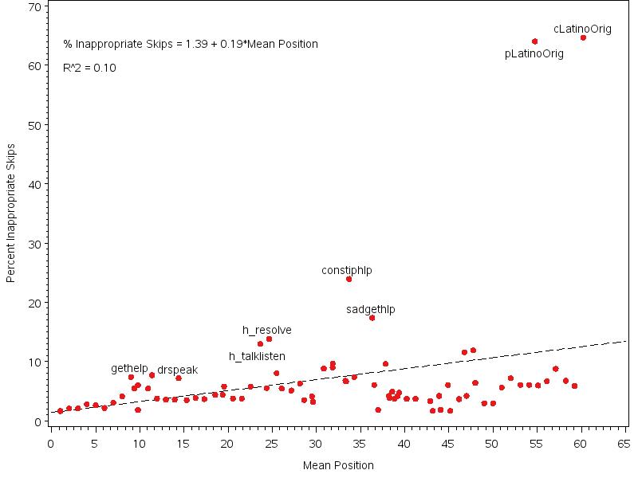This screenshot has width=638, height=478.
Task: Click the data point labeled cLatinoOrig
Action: [x=583, y=37]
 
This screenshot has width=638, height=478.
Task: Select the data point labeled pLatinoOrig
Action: [x=534, y=41]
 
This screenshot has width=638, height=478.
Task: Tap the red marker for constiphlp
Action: [x=349, y=279]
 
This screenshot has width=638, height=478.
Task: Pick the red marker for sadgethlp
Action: [x=372, y=318]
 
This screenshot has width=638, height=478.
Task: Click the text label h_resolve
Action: [x=267, y=331]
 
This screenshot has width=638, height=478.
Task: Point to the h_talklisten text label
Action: [x=257, y=357]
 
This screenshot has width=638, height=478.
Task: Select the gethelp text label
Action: [x=129, y=369]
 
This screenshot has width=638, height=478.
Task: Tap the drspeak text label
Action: [x=177, y=370]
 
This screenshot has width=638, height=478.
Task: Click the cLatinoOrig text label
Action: [x=582, y=29]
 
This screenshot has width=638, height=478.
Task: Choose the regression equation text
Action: [x=191, y=44]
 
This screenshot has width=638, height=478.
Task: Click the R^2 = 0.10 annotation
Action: [x=89, y=68]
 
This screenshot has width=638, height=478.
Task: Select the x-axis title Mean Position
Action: [x=338, y=465]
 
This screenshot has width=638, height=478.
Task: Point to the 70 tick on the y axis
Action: [x=35, y=7]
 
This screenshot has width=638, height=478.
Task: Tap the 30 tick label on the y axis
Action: [x=35, y=244]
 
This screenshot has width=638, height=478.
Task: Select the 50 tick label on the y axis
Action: [x=35, y=126]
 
